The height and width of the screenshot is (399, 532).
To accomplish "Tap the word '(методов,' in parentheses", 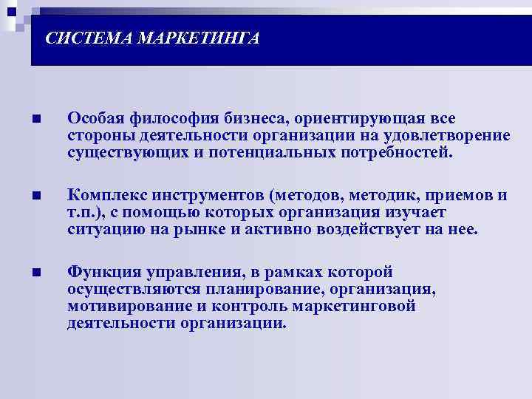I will [306, 196].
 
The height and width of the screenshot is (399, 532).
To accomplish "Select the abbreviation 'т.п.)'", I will [86, 213].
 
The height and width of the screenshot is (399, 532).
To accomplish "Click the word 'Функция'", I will [98, 272].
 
